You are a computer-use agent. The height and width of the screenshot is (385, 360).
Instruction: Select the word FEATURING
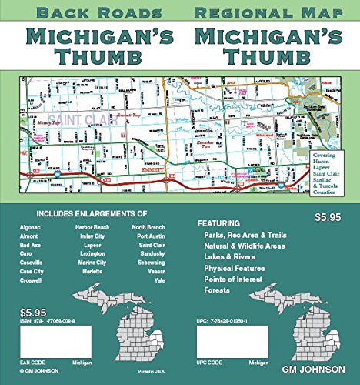click(x=219, y=222)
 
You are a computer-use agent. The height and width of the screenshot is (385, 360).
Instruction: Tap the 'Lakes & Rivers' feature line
click(x=231, y=256)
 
